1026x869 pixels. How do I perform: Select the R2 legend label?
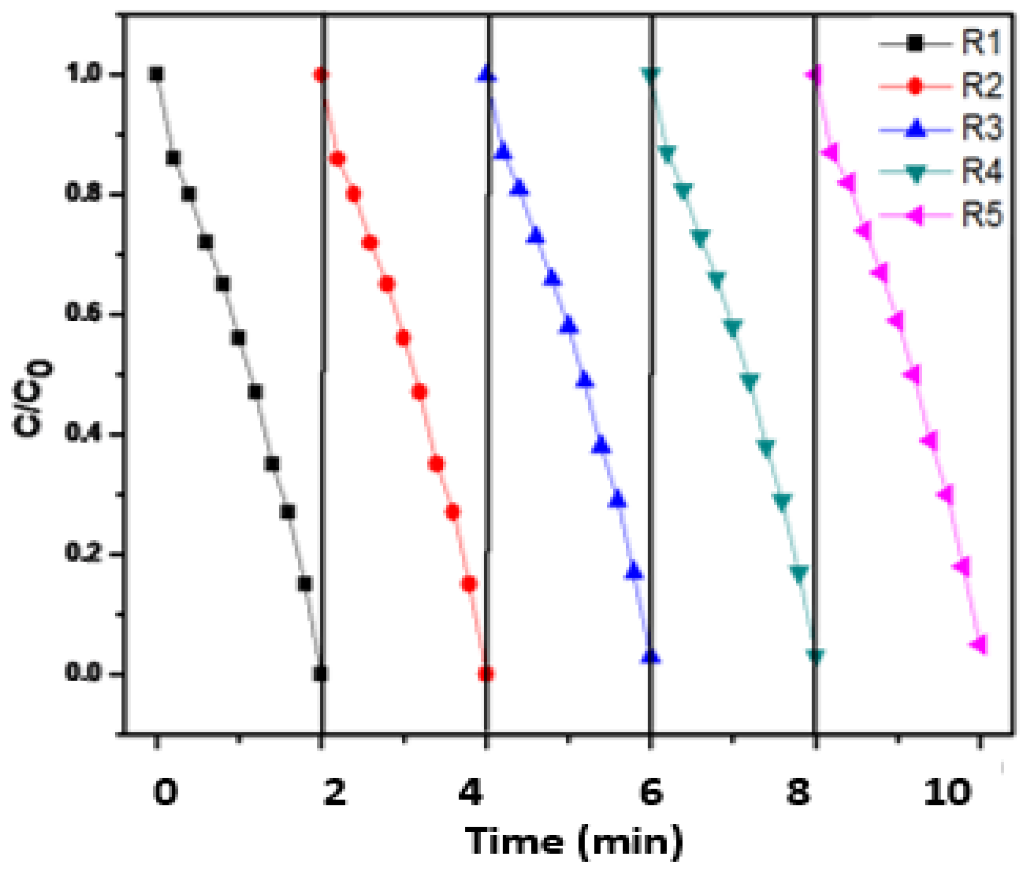point(981,86)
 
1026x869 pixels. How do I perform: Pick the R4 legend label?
point(981,172)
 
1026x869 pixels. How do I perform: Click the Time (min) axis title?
point(574,842)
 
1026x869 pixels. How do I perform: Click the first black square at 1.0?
point(156,74)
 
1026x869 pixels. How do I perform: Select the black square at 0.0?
point(320,674)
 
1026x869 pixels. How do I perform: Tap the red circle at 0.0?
point(486,674)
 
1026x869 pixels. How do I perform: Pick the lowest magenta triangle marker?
point(979,645)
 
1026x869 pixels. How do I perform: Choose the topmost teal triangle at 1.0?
point(651,75)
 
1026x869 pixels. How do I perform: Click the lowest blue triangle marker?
point(651,656)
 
